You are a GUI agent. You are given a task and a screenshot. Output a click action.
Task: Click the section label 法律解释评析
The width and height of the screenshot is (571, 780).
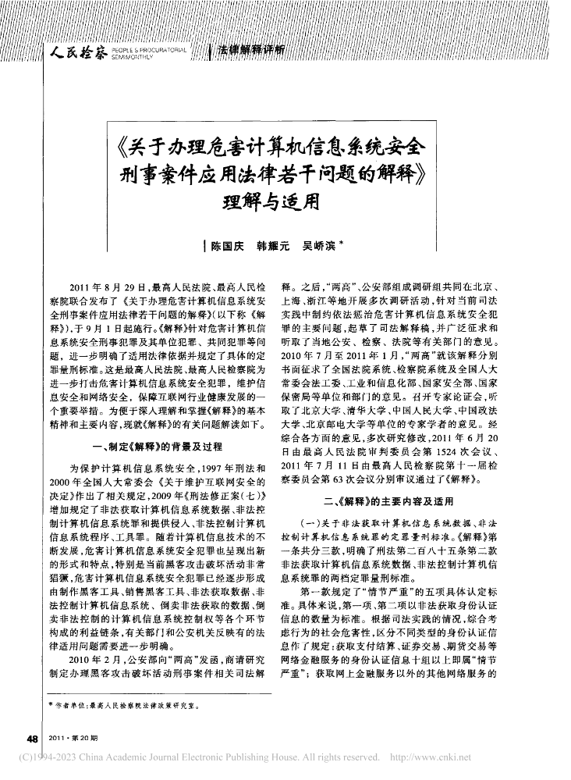coord(251,51)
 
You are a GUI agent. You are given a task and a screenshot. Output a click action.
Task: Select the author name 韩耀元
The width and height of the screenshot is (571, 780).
coord(273,246)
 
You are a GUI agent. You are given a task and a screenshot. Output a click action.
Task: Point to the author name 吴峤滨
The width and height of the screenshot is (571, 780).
coord(319,246)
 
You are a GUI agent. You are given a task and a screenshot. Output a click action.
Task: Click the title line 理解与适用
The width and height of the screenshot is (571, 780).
coord(281,202)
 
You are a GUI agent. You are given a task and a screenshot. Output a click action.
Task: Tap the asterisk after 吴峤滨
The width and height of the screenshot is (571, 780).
coord(342,244)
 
